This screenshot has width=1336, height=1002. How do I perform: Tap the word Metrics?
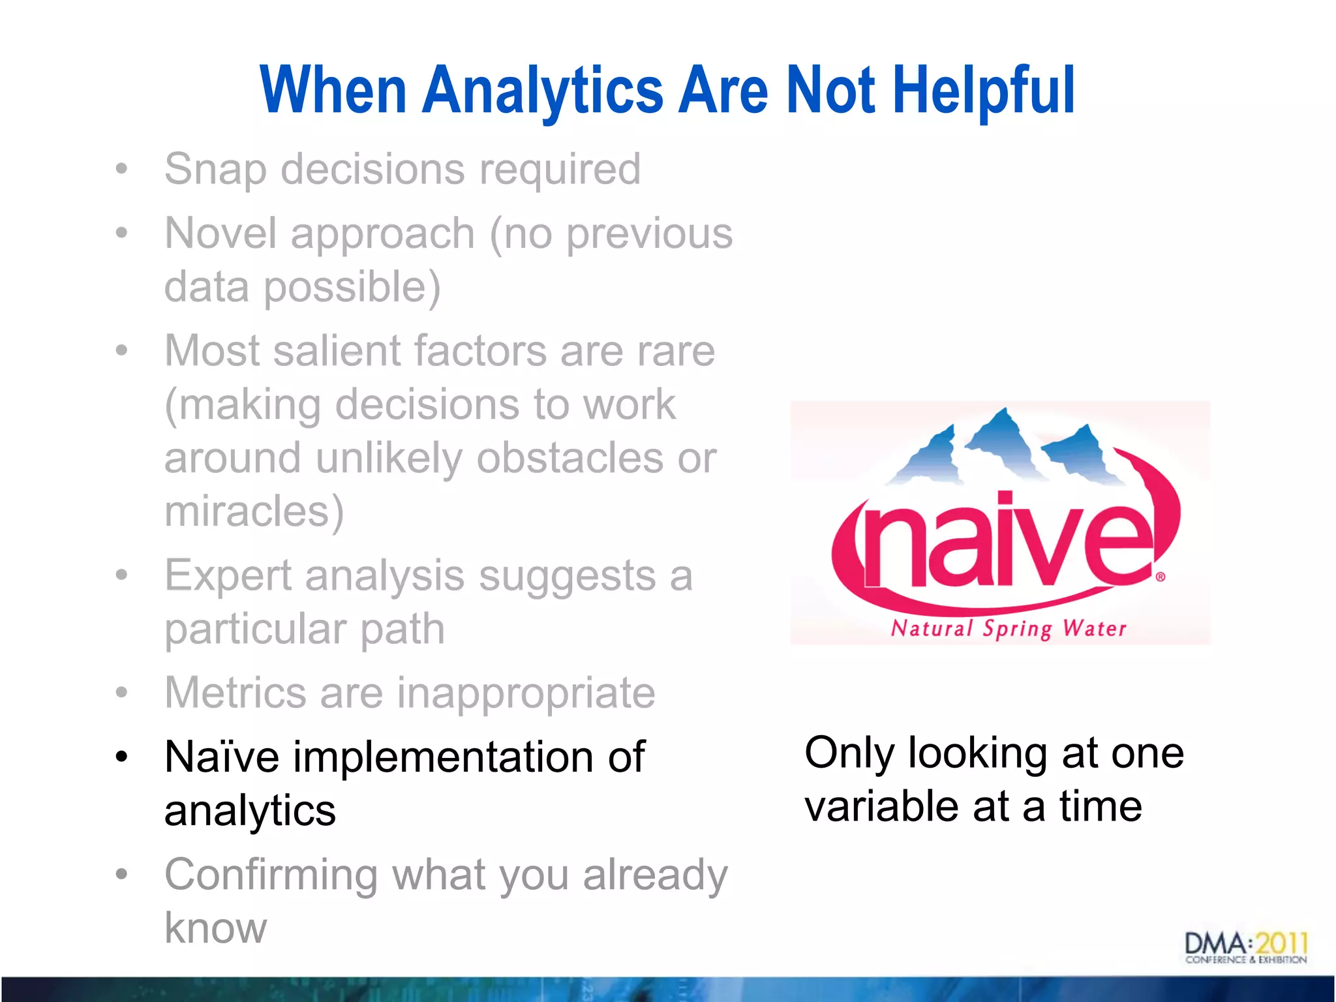point(235,693)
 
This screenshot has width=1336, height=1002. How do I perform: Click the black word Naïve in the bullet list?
point(222,757)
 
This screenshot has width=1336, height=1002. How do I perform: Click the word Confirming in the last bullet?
point(271,875)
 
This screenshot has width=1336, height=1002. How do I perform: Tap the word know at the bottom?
point(215,928)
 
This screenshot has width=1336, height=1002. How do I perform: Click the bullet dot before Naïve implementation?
point(121,757)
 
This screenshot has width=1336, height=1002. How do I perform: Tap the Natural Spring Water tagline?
point(1009,629)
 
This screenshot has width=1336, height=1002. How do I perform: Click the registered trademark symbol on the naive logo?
point(1161,577)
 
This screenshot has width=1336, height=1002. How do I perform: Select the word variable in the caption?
point(881,806)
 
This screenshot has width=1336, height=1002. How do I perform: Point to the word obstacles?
point(569,458)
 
